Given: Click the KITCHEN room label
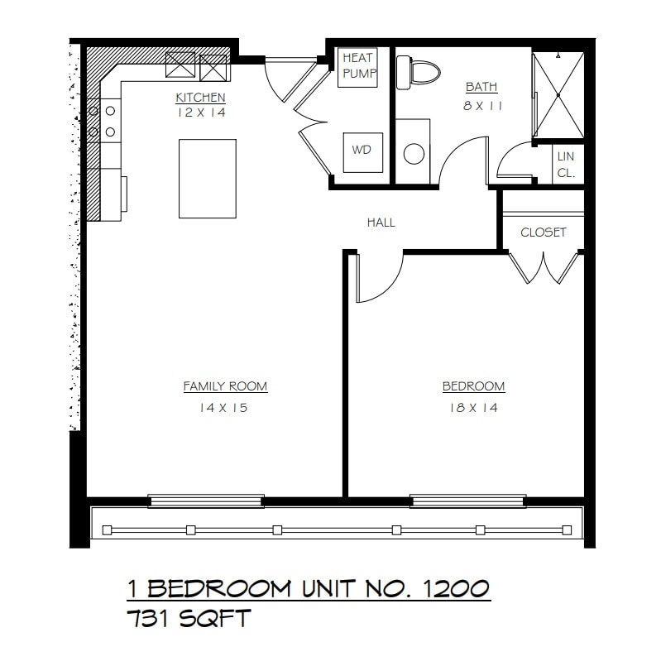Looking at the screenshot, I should [x=200, y=98].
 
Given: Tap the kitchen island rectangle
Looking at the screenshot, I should [x=208, y=179].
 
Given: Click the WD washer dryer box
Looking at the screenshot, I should [x=362, y=151].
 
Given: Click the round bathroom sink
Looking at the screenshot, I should [x=414, y=153].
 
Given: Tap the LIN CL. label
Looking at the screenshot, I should [x=566, y=165].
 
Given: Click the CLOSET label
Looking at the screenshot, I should [x=544, y=232].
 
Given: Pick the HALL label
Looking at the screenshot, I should [x=381, y=223].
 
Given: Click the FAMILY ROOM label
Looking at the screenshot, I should [x=225, y=386].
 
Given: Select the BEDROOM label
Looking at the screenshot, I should [x=473, y=386].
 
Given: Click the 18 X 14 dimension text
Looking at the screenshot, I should [x=473, y=408].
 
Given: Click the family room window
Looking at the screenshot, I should [x=206, y=501].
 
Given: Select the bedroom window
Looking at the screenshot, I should [x=468, y=501].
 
